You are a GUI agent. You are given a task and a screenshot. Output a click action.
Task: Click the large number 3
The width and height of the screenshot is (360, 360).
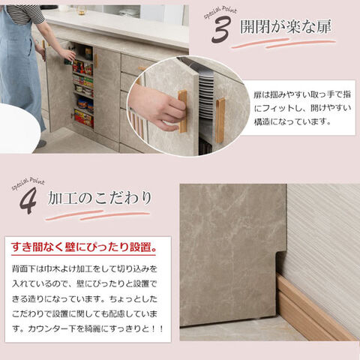[220, 30]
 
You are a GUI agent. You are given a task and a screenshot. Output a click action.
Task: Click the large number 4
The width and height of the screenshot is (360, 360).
[28, 200]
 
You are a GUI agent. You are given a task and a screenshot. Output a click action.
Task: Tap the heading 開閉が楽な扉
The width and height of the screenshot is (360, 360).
[286, 26]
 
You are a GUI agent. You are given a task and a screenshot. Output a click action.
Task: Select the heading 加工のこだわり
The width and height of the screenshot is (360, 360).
[100, 198]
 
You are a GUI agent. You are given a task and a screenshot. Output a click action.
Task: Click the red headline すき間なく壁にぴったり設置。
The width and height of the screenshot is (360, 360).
[84, 247]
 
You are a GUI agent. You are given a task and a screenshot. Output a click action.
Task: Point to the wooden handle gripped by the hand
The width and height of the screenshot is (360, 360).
[183, 111]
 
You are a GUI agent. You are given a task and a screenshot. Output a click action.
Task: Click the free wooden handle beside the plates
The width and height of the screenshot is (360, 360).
[220, 121]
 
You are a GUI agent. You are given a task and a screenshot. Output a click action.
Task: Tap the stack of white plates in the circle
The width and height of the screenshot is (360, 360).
[206, 95]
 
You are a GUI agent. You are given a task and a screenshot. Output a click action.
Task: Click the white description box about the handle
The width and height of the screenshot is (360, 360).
[298, 108]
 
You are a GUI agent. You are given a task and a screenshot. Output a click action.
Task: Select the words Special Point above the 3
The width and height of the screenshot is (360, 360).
[220, 12]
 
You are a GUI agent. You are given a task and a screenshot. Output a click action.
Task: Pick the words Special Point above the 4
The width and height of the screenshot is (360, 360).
[28, 183]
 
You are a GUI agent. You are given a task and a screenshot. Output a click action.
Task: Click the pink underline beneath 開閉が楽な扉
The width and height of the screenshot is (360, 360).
[283, 43]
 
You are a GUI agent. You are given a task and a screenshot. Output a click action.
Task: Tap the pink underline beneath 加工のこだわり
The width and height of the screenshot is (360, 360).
[98, 215]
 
